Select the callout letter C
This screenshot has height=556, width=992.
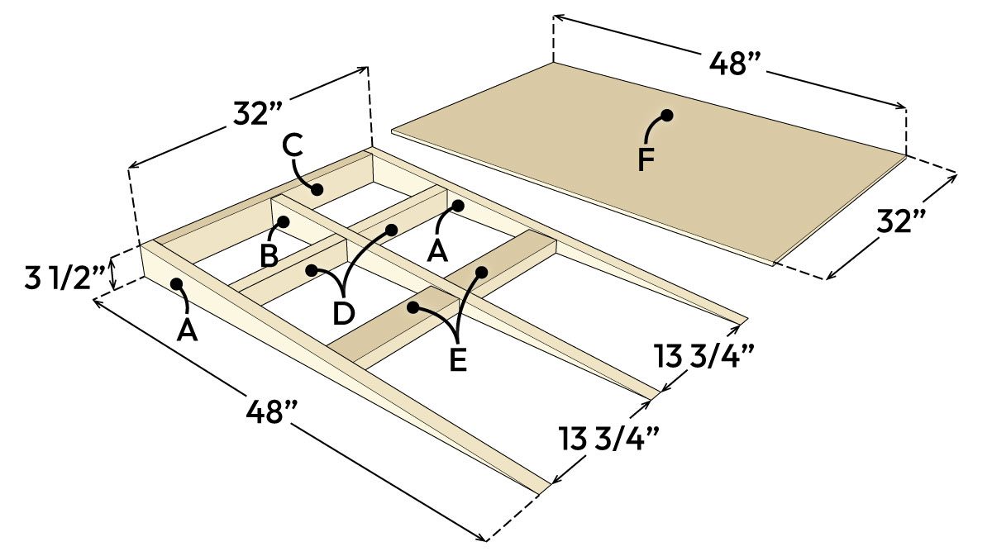point(293,145)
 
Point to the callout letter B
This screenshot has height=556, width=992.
point(269,255)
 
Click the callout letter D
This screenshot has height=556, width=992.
point(343,313)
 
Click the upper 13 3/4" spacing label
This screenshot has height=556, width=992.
point(702,357)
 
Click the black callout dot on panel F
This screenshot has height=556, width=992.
point(665,116)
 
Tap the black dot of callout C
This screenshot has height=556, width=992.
point(317,189)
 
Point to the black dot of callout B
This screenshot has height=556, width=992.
point(283,221)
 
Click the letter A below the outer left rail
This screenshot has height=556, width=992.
point(188,330)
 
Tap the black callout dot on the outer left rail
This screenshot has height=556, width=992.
point(177,284)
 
